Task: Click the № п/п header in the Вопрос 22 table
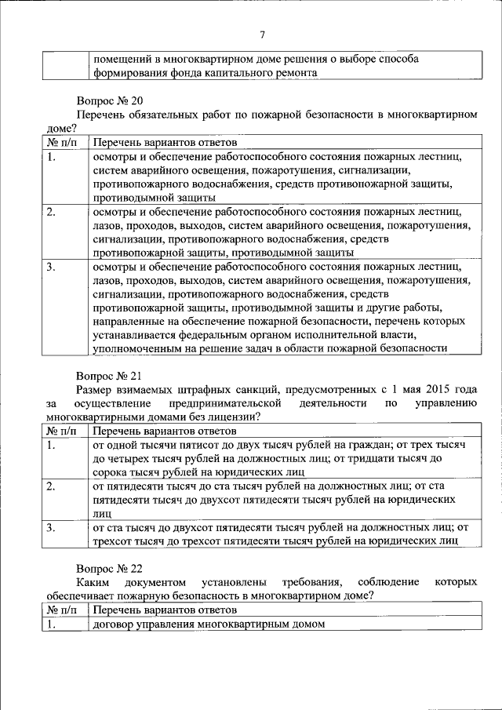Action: click(x=62, y=610)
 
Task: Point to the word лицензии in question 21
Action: click(x=232, y=417)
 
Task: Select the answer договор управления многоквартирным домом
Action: click(x=209, y=624)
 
